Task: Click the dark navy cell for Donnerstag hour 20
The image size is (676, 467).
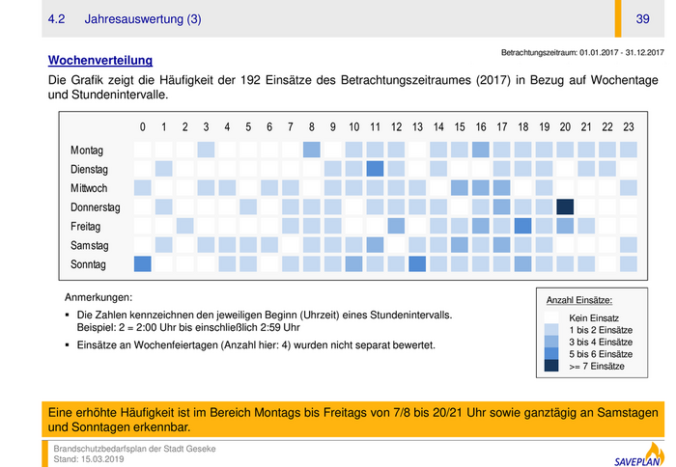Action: pos(565,206)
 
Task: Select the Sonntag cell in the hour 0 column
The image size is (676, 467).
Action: pos(143,264)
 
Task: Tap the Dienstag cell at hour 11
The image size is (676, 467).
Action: pos(376,169)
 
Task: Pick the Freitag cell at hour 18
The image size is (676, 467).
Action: pos(523,226)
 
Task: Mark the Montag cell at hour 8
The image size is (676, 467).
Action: pos(312,150)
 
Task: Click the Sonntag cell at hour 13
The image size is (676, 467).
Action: pos(418,264)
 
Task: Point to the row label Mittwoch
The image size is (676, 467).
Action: pos(89,188)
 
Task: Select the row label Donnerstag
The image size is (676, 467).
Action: pos(95,207)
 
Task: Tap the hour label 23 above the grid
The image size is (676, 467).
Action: pos(629,126)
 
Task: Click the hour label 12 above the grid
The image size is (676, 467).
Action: pos(397,126)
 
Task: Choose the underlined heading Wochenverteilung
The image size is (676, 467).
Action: pos(100,60)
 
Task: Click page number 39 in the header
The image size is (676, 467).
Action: pos(642,19)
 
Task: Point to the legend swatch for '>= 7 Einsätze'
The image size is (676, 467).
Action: pos(552,366)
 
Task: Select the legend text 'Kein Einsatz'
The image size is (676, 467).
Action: pos(594,318)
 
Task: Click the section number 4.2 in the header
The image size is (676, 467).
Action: pos(57,19)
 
